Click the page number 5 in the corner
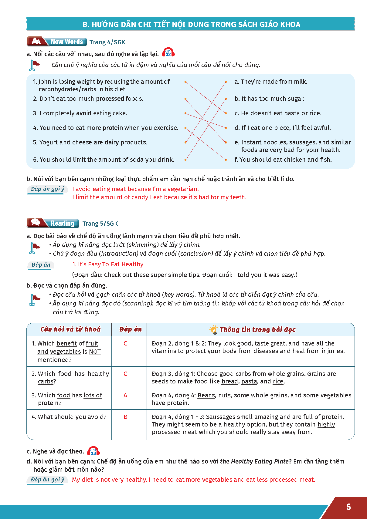pyautogui.click(x=349, y=507)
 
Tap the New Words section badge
pyautogui.click(x=57, y=42)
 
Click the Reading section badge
pyautogui.click(x=53, y=223)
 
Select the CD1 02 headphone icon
pyautogui.click(x=168, y=53)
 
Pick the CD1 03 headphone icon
pyautogui.click(x=93, y=451)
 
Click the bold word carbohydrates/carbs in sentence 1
pyautogui.click(x=67, y=89)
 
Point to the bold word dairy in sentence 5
pyautogui.click(x=112, y=142)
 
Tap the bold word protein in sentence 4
pyautogui.click(x=113, y=128)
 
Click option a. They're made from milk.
pyautogui.click(x=271, y=82)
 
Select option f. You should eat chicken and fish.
pyautogui.click(x=283, y=160)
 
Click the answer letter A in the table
pyautogui.click(x=125, y=395)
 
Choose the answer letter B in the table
pyautogui.click(x=125, y=417)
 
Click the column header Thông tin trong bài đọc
pyautogui.click(x=257, y=329)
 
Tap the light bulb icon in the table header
pyautogui.click(x=213, y=329)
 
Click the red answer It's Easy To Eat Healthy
pyautogui.click(x=108, y=264)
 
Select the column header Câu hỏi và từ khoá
pyautogui.click(x=70, y=329)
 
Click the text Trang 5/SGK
pyautogui.click(x=100, y=224)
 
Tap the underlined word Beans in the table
pyautogui.click(x=206, y=395)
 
